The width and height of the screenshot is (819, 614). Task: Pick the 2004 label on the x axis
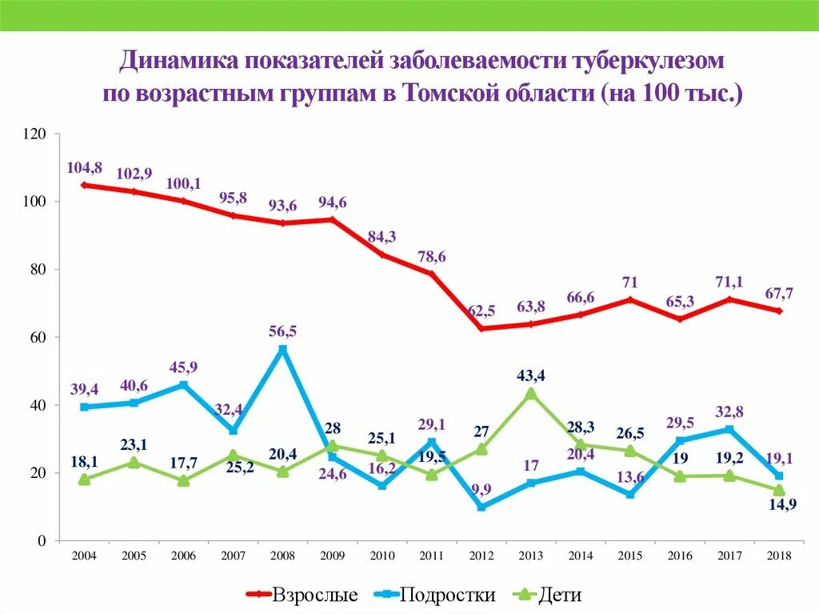pos(84,556)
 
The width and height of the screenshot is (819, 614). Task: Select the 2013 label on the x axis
pos(530,556)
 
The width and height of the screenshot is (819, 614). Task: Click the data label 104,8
pos(86,167)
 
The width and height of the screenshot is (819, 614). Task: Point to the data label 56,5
pos(283,331)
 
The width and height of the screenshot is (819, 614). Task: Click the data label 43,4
pos(531,375)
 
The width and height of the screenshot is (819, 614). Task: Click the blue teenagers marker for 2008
pos(282,349)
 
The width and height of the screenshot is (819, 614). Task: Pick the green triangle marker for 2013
pos(530,393)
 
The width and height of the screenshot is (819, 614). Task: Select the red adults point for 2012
pos(481,328)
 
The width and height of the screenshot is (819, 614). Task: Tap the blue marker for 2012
pos(481,507)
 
